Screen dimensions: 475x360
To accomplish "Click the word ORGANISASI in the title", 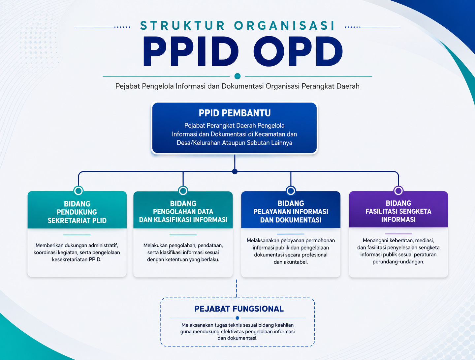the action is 285,25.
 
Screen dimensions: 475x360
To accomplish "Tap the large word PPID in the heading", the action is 191,51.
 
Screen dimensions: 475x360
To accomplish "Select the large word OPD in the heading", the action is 298,51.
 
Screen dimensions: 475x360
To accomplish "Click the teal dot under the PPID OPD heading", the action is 237,76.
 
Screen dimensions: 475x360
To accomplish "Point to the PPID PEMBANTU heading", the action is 235,113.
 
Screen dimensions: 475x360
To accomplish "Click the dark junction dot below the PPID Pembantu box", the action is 235,172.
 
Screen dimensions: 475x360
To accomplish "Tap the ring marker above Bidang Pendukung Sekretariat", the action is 78,187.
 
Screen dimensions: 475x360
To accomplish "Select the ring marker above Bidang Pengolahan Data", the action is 183,187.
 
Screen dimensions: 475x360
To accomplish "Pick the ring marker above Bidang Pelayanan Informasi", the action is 291,187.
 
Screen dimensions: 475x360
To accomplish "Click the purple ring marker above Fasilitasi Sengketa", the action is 398,187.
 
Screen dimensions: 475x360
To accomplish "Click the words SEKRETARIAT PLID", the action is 77,221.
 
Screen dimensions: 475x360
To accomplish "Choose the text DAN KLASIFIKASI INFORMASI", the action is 183,220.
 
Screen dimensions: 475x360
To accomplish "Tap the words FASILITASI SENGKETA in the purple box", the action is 398,211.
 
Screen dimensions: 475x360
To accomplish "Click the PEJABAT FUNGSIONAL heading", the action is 239,309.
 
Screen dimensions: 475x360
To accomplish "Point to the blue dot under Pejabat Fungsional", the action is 237,318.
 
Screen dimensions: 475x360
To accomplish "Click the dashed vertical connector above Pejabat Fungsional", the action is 237,289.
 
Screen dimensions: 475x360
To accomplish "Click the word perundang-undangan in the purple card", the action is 398,262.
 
